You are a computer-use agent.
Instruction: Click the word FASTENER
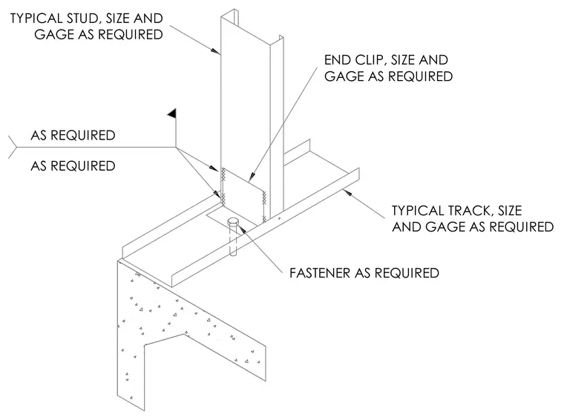pyautogui.click(x=320, y=273)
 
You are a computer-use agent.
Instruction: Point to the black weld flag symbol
pyautogui.click(x=172, y=114)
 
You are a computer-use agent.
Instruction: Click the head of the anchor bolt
pyautogui.click(x=233, y=222)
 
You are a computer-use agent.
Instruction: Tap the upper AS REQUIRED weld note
pyautogui.click(x=73, y=136)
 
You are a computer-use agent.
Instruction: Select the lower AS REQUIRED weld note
pyautogui.click(x=73, y=166)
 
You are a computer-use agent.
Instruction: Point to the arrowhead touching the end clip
pyautogui.click(x=252, y=176)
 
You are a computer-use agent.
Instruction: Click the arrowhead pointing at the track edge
pyautogui.click(x=347, y=193)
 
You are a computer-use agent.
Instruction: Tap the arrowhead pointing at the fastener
pyautogui.click(x=242, y=229)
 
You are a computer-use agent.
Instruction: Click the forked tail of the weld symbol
pyautogui.click(x=13, y=148)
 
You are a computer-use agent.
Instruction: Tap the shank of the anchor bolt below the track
pyautogui.click(x=233, y=241)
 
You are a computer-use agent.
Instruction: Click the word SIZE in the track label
pyautogui.click(x=510, y=210)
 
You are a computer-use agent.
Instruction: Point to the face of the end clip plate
pyautogui.click(x=243, y=197)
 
